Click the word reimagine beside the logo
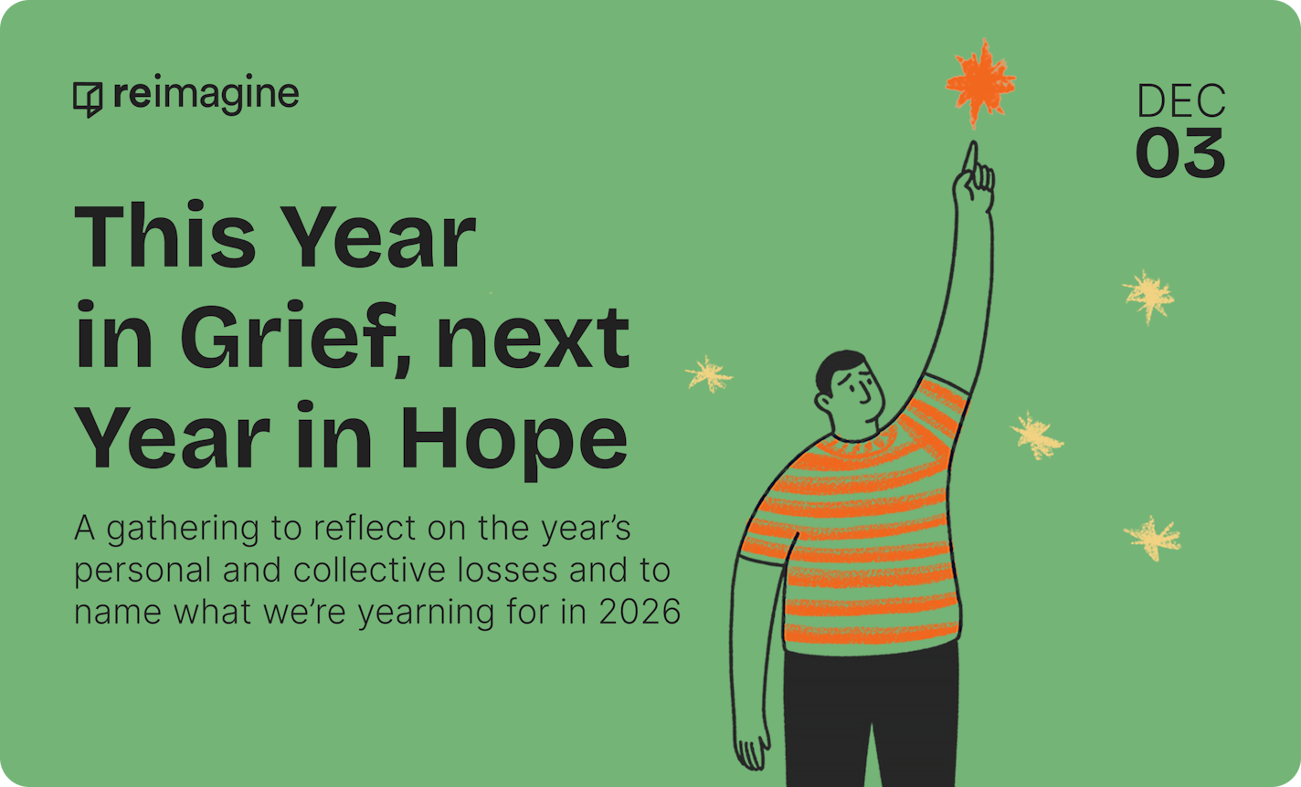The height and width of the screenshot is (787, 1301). point(206,95)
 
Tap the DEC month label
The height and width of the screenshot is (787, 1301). point(1180,101)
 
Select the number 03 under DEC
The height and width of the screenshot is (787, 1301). point(1180,153)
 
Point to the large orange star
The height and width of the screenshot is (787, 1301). point(979,83)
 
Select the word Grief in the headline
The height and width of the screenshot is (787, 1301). point(301,339)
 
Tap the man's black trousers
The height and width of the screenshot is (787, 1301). point(868,712)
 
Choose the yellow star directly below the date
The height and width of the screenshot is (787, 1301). point(1148,296)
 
